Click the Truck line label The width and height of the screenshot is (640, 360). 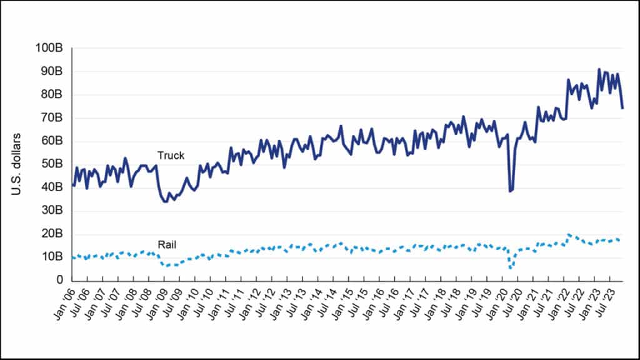171,156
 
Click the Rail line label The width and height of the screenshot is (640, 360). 166,246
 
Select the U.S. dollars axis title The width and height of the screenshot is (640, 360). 17,164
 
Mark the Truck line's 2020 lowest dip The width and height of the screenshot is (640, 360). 510,191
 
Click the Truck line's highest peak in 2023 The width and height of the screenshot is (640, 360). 599,69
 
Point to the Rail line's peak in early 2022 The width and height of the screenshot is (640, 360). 568,234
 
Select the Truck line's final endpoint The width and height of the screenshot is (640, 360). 622,108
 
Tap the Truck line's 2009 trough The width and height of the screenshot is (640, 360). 164,202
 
